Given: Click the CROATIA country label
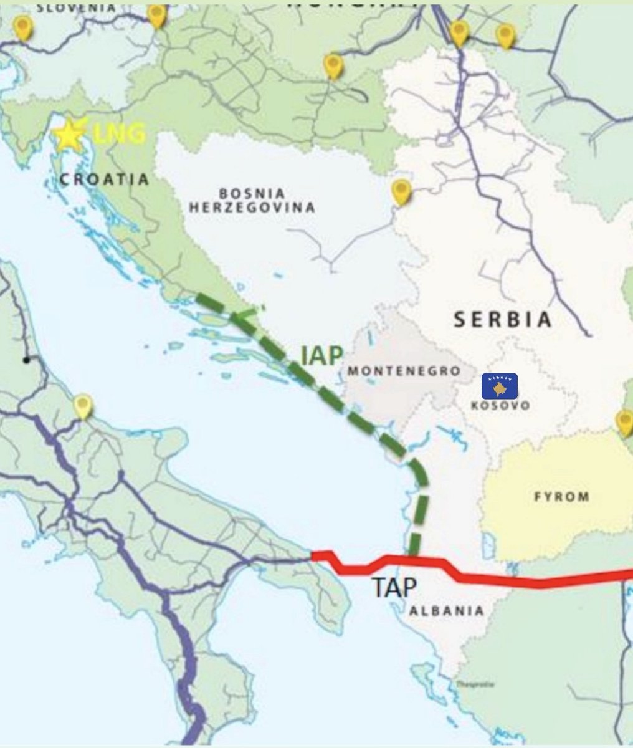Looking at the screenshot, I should click(104, 180).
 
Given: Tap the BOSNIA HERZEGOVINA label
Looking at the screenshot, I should click(252, 200).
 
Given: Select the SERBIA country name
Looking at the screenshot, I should click(502, 319).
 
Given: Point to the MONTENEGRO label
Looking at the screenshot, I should click(404, 371).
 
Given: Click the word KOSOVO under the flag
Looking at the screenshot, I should click(500, 405).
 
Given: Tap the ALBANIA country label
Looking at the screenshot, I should click(446, 611).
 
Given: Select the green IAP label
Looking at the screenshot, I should click(321, 355).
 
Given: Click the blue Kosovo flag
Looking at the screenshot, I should click(500, 386).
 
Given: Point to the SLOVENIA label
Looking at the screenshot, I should click(76, 7).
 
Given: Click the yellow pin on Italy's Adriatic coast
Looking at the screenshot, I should click(83, 406).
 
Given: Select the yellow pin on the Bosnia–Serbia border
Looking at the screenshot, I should click(401, 191).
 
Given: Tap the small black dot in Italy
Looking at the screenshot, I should click(26, 360).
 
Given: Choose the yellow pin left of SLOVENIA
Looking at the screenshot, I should click(23, 27).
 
